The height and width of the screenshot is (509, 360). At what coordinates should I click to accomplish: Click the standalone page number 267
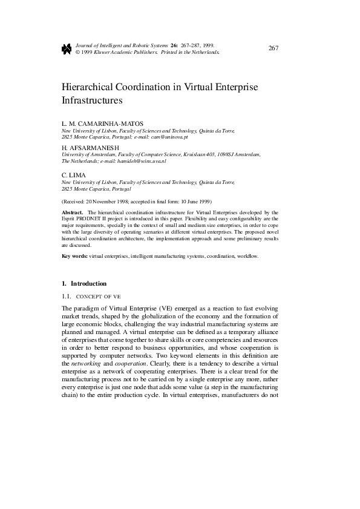coord(273,48)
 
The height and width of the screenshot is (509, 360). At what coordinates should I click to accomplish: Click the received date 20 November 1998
coord(111,201)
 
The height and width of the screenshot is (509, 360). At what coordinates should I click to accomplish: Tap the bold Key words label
coord(75,257)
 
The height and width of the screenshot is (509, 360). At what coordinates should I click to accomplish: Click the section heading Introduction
coord(89,283)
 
